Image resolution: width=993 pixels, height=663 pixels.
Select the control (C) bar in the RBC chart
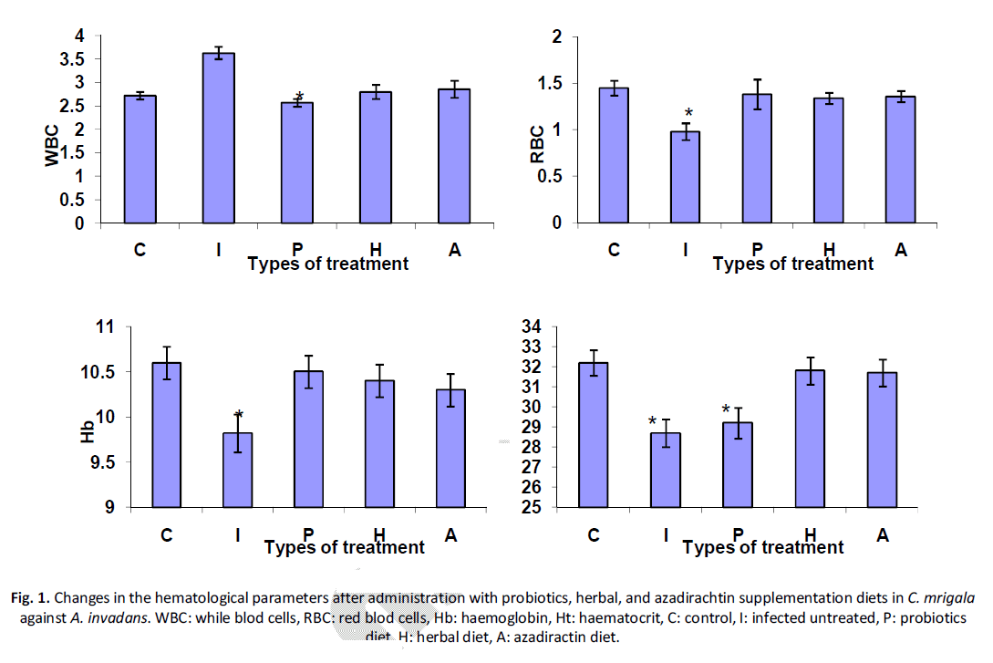click(614, 156)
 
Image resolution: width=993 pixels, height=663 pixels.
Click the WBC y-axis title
click(53, 146)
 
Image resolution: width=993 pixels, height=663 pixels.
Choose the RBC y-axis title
click(537, 143)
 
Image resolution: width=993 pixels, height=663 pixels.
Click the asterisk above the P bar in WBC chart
click(298, 97)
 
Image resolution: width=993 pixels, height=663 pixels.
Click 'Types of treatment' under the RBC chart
click(793, 264)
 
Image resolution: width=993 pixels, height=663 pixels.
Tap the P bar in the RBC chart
click(757, 159)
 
